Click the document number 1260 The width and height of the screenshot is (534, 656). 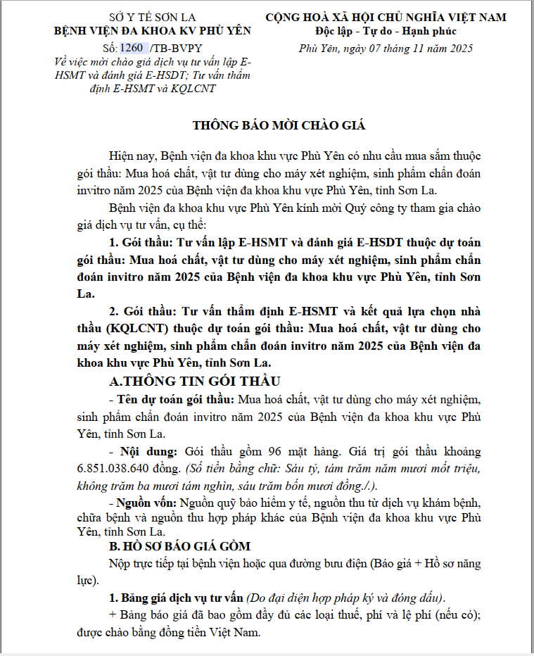click(x=132, y=48)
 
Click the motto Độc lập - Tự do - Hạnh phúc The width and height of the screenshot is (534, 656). click(x=386, y=31)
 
